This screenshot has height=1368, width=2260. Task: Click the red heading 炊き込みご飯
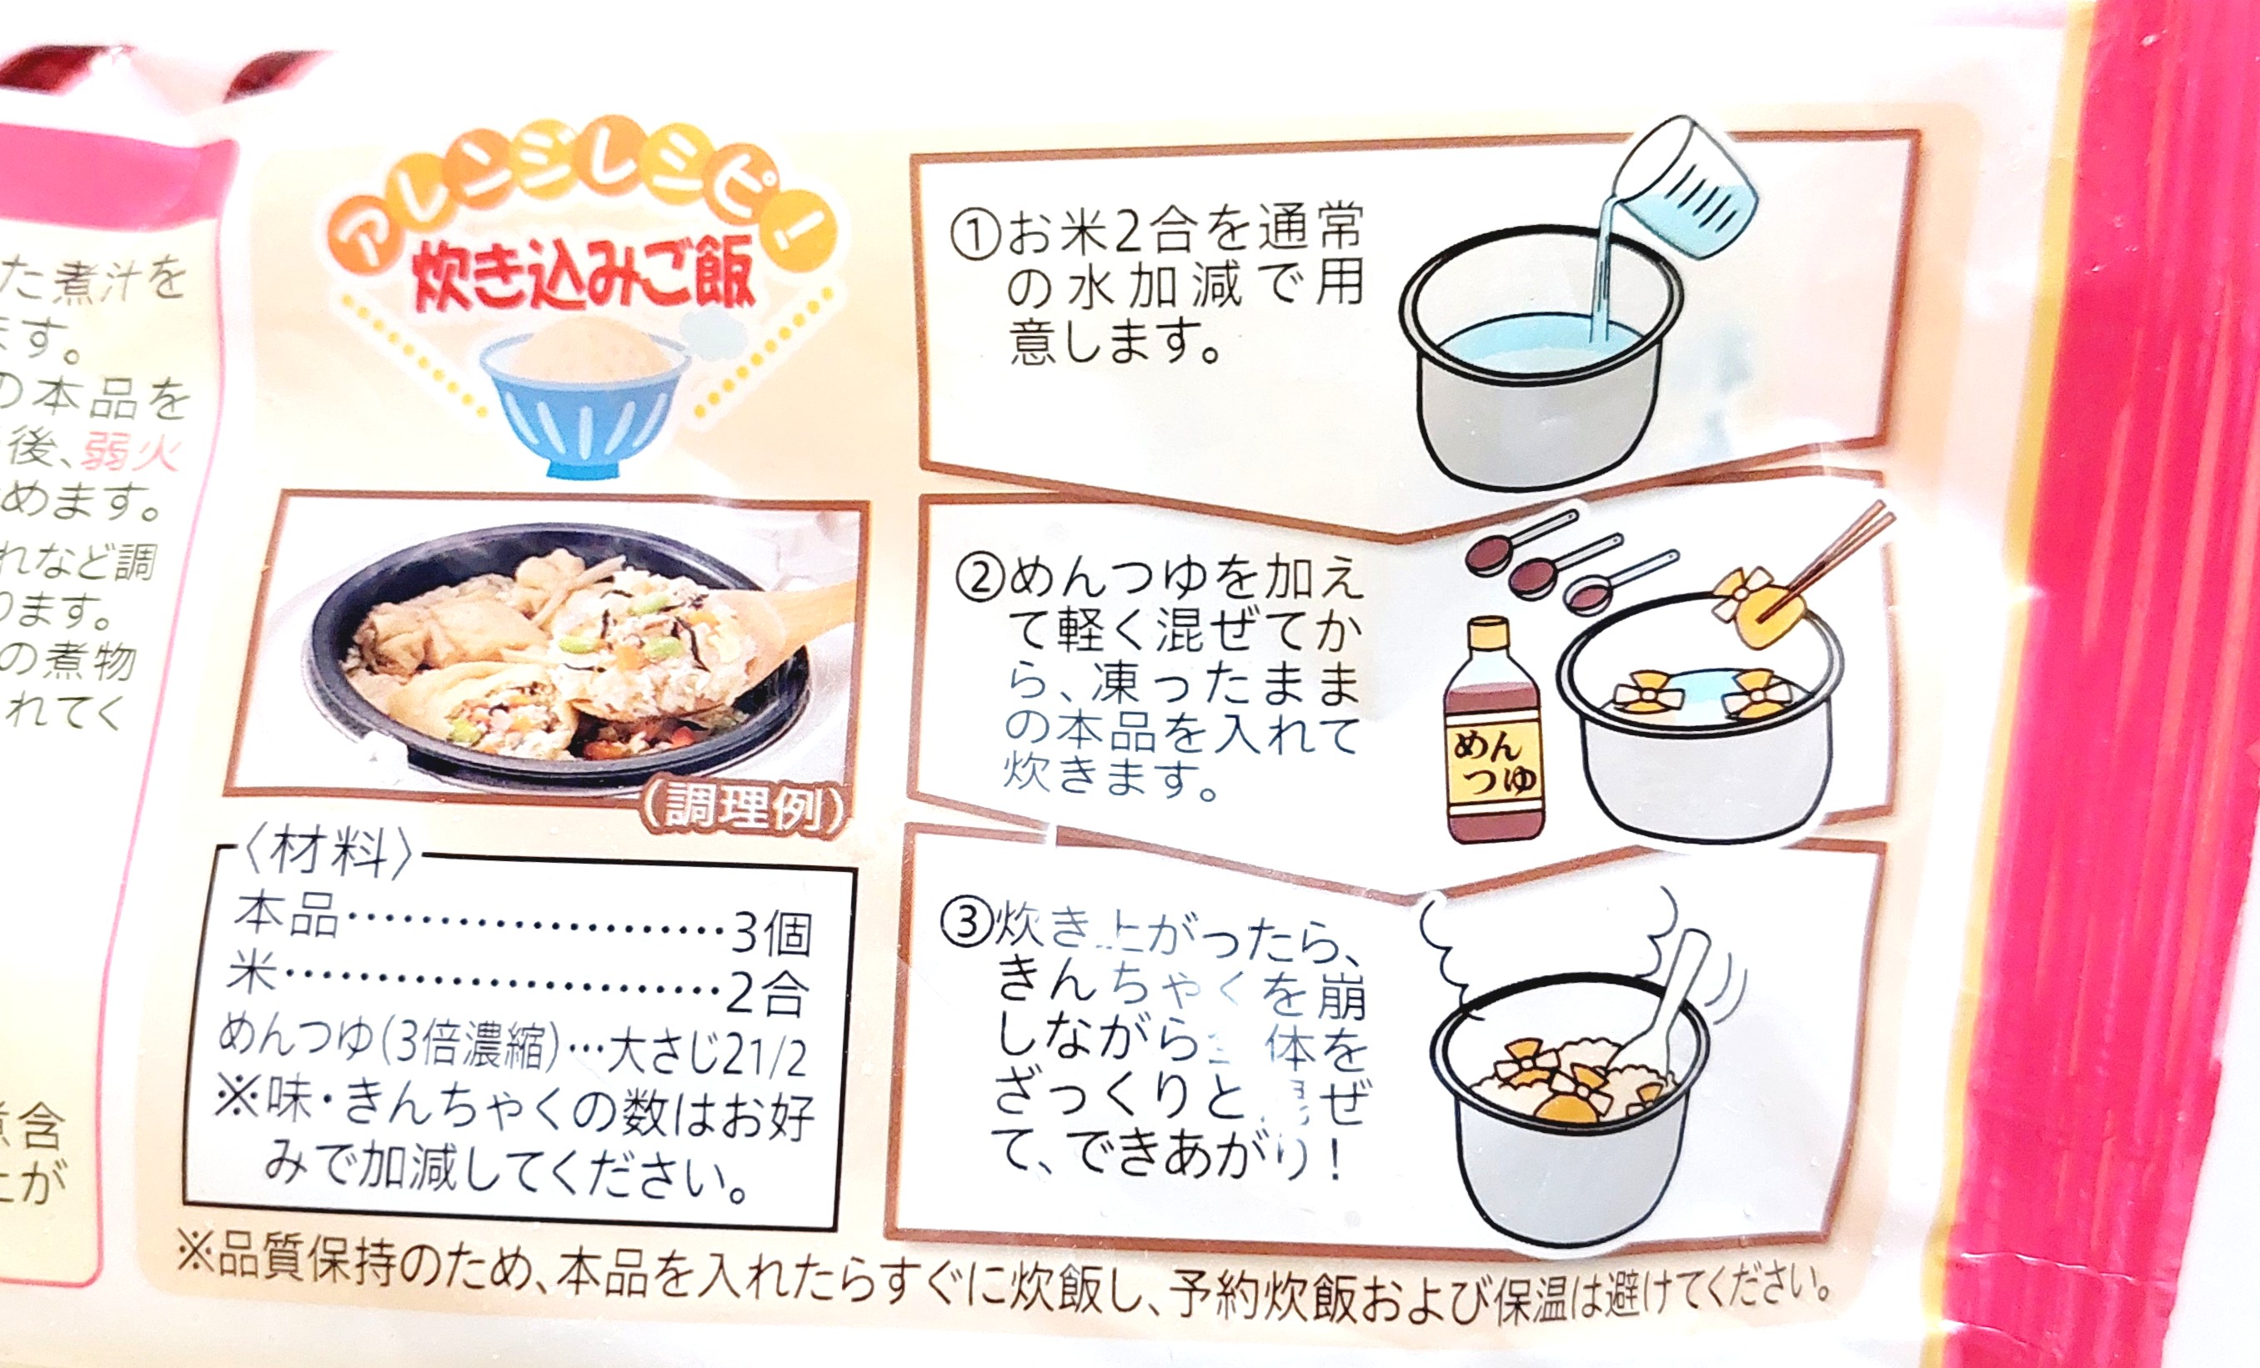click(584, 271)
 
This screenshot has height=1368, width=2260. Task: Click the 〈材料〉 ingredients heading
click(326, 854)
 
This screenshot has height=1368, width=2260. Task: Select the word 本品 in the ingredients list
click(285, 915)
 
